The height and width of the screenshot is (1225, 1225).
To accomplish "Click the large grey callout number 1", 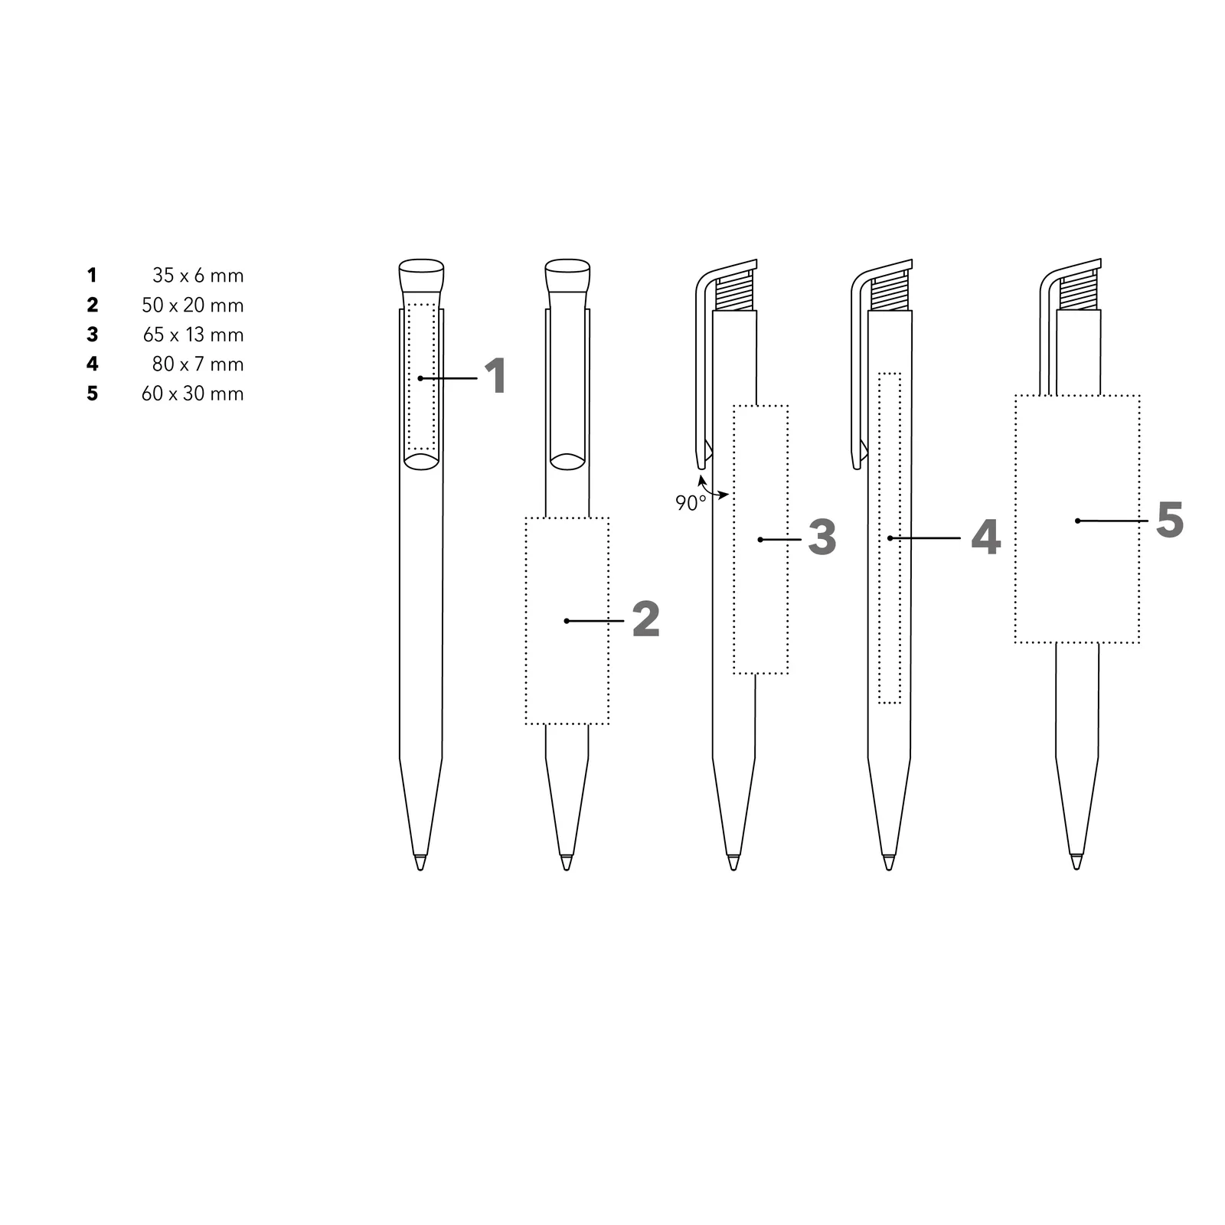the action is click(496, 377).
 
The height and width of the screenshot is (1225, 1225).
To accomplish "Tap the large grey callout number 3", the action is click(822, 537).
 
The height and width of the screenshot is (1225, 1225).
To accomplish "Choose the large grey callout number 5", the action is click(1170, 520).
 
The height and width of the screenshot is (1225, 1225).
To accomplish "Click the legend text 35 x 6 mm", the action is click(198, 276).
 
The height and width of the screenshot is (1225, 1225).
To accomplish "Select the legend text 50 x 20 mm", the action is click(193, 305).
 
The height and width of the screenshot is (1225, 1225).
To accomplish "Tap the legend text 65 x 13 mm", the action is click(194, 335).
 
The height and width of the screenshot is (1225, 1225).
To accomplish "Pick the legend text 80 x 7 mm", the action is click(198, 364).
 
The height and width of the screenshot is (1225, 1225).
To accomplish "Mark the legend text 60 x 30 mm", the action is click(193, 394).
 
